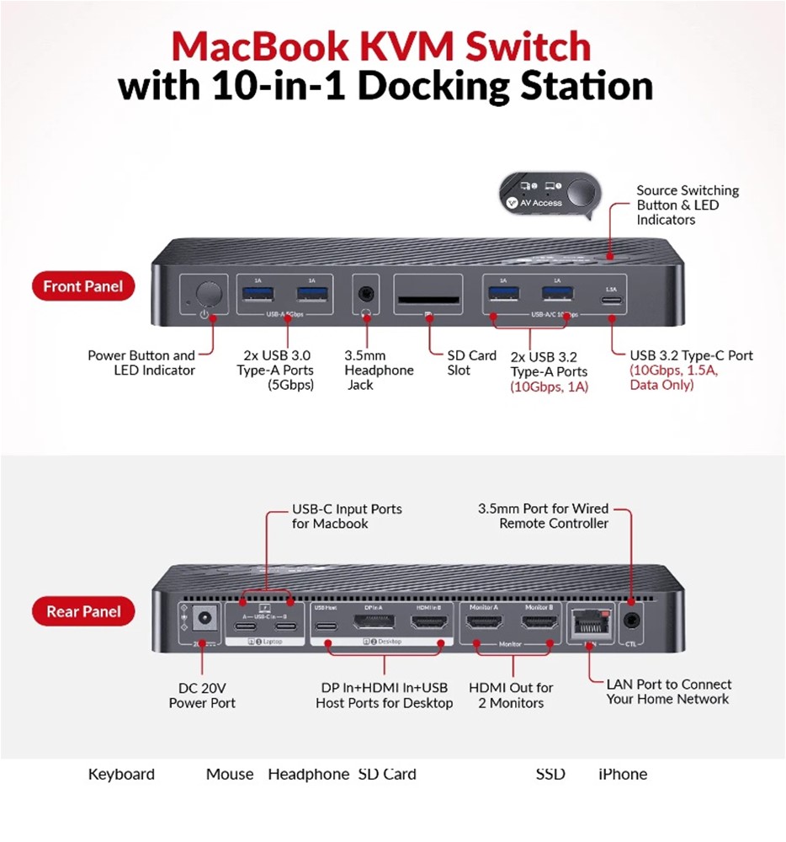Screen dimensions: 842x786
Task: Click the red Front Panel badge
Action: click(82, 286)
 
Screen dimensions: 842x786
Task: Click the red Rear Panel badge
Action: click(83, 611)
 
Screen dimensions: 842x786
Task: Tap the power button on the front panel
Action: click(209, 294)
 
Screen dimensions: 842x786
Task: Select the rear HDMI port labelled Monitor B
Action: click(539, 624)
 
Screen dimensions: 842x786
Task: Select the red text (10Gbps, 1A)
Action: click(549, 386)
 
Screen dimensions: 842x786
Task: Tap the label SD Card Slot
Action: click(471, 363)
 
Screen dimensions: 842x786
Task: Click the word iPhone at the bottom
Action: click(623, 775)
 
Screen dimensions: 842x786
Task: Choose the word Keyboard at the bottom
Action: click(121, 775)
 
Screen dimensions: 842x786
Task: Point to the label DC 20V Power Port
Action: click(202, 695)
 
